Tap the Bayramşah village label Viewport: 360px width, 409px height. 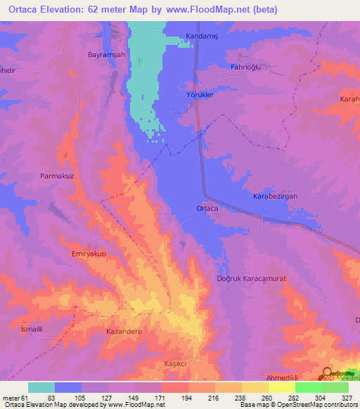[105, 54]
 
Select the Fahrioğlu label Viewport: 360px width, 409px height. [247, 67]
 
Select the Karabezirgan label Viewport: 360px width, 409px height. [276, 197]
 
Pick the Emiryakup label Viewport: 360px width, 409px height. [89, 254]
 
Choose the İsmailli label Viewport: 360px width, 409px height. [31, 329]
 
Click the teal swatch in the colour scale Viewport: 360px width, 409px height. [41, 387]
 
